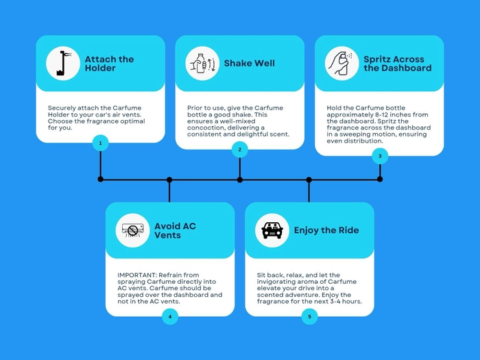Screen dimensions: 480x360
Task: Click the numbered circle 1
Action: click(x=100, y=143)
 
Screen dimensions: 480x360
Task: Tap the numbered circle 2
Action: click(x=240, y=149)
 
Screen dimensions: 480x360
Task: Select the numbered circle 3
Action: click(x=380, y=156)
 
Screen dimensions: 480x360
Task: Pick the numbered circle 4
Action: click(x=170, y=316)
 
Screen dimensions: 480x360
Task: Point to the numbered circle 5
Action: click(x=309, y=316)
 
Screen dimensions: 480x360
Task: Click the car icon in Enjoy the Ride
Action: click(x=272, y=230)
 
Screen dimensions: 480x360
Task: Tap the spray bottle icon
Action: click(x=341, y=63)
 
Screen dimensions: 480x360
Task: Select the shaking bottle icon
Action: click(x=202, y=63)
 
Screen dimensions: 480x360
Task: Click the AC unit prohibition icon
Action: click(x=132, y=230)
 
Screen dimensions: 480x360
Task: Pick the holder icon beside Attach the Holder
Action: click(x=63, y=63)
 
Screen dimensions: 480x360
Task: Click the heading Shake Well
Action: click(x=249, y=63)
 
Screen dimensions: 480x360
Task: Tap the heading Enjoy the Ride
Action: click(x=326, y=230)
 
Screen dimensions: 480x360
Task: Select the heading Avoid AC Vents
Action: click(x=175, y=230)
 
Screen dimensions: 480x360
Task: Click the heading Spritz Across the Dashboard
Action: click(x=397, y=63)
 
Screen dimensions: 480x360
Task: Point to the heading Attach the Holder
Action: click(x=109, y=63)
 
